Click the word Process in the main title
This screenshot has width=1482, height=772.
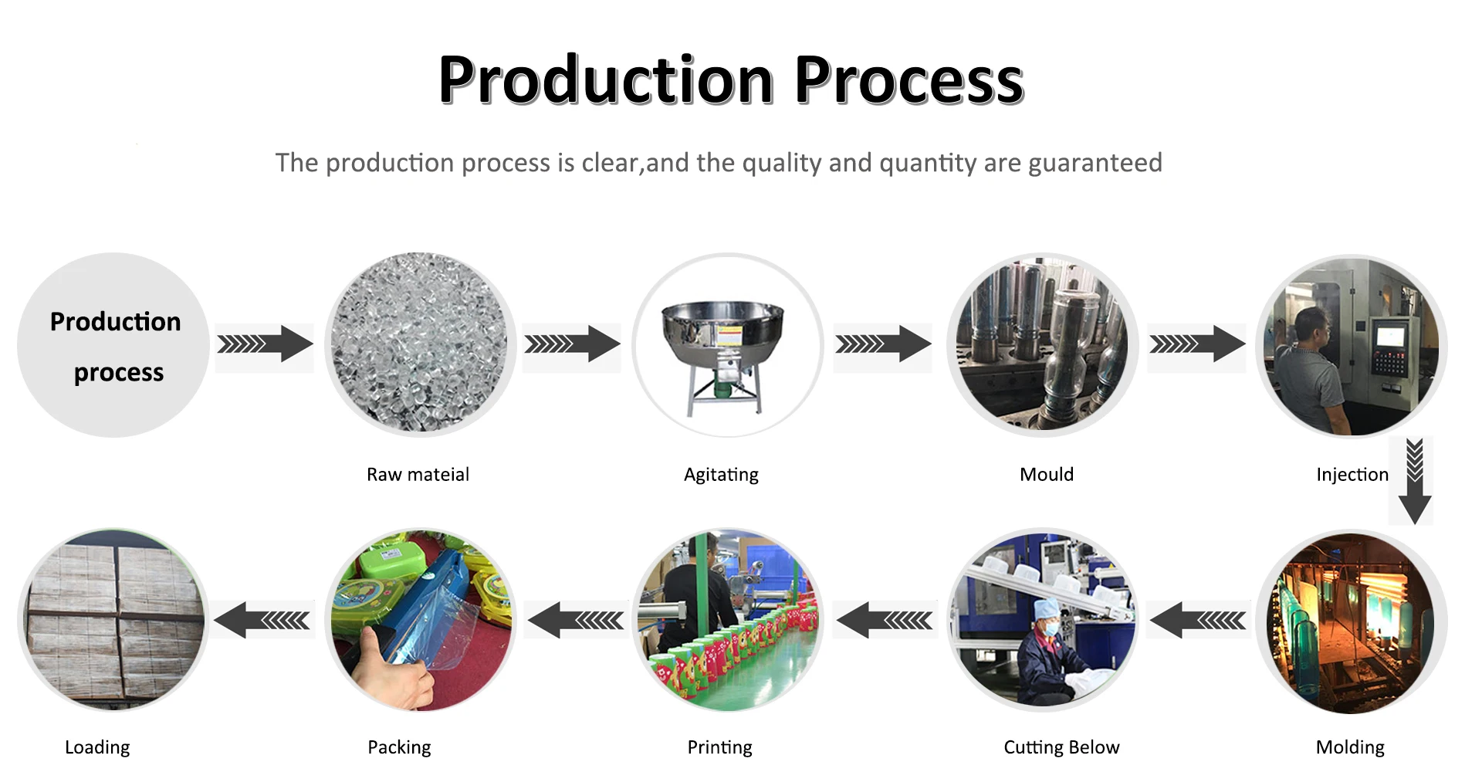point(908,80)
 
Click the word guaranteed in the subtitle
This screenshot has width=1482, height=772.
point(1095,163)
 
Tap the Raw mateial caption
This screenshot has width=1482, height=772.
point(418,474)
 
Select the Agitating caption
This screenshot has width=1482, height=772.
point(721,474)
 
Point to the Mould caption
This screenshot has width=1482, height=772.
point(1046,474)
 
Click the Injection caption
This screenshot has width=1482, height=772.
point(1352,474)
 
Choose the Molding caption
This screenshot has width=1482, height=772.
point(1350,747)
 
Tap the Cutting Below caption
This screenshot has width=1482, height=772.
point(1061,747)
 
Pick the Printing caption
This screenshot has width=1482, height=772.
point(719,747)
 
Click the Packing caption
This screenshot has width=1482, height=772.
point(399,747)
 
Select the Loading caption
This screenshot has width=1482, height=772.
point(97,747)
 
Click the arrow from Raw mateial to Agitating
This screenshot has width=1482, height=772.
point(572,344)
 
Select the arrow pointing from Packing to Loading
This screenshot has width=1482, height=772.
point(262,620)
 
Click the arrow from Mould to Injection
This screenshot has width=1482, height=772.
point(1196,344)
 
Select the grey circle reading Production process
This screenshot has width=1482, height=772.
point(113,345)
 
